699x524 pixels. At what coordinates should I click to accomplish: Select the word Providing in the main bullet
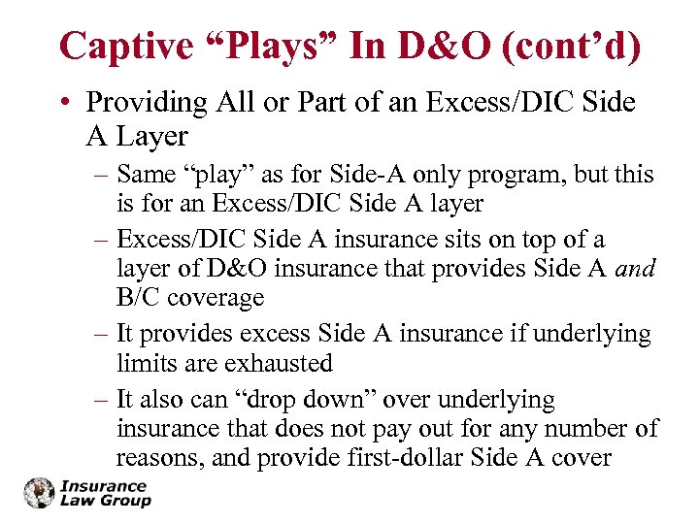[x=146, y=103]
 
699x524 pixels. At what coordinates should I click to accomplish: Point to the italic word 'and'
[x=636, y=269]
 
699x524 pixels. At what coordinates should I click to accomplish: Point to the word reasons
[x=158, y=457]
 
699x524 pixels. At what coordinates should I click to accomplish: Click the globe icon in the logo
[x=40, y=493]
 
